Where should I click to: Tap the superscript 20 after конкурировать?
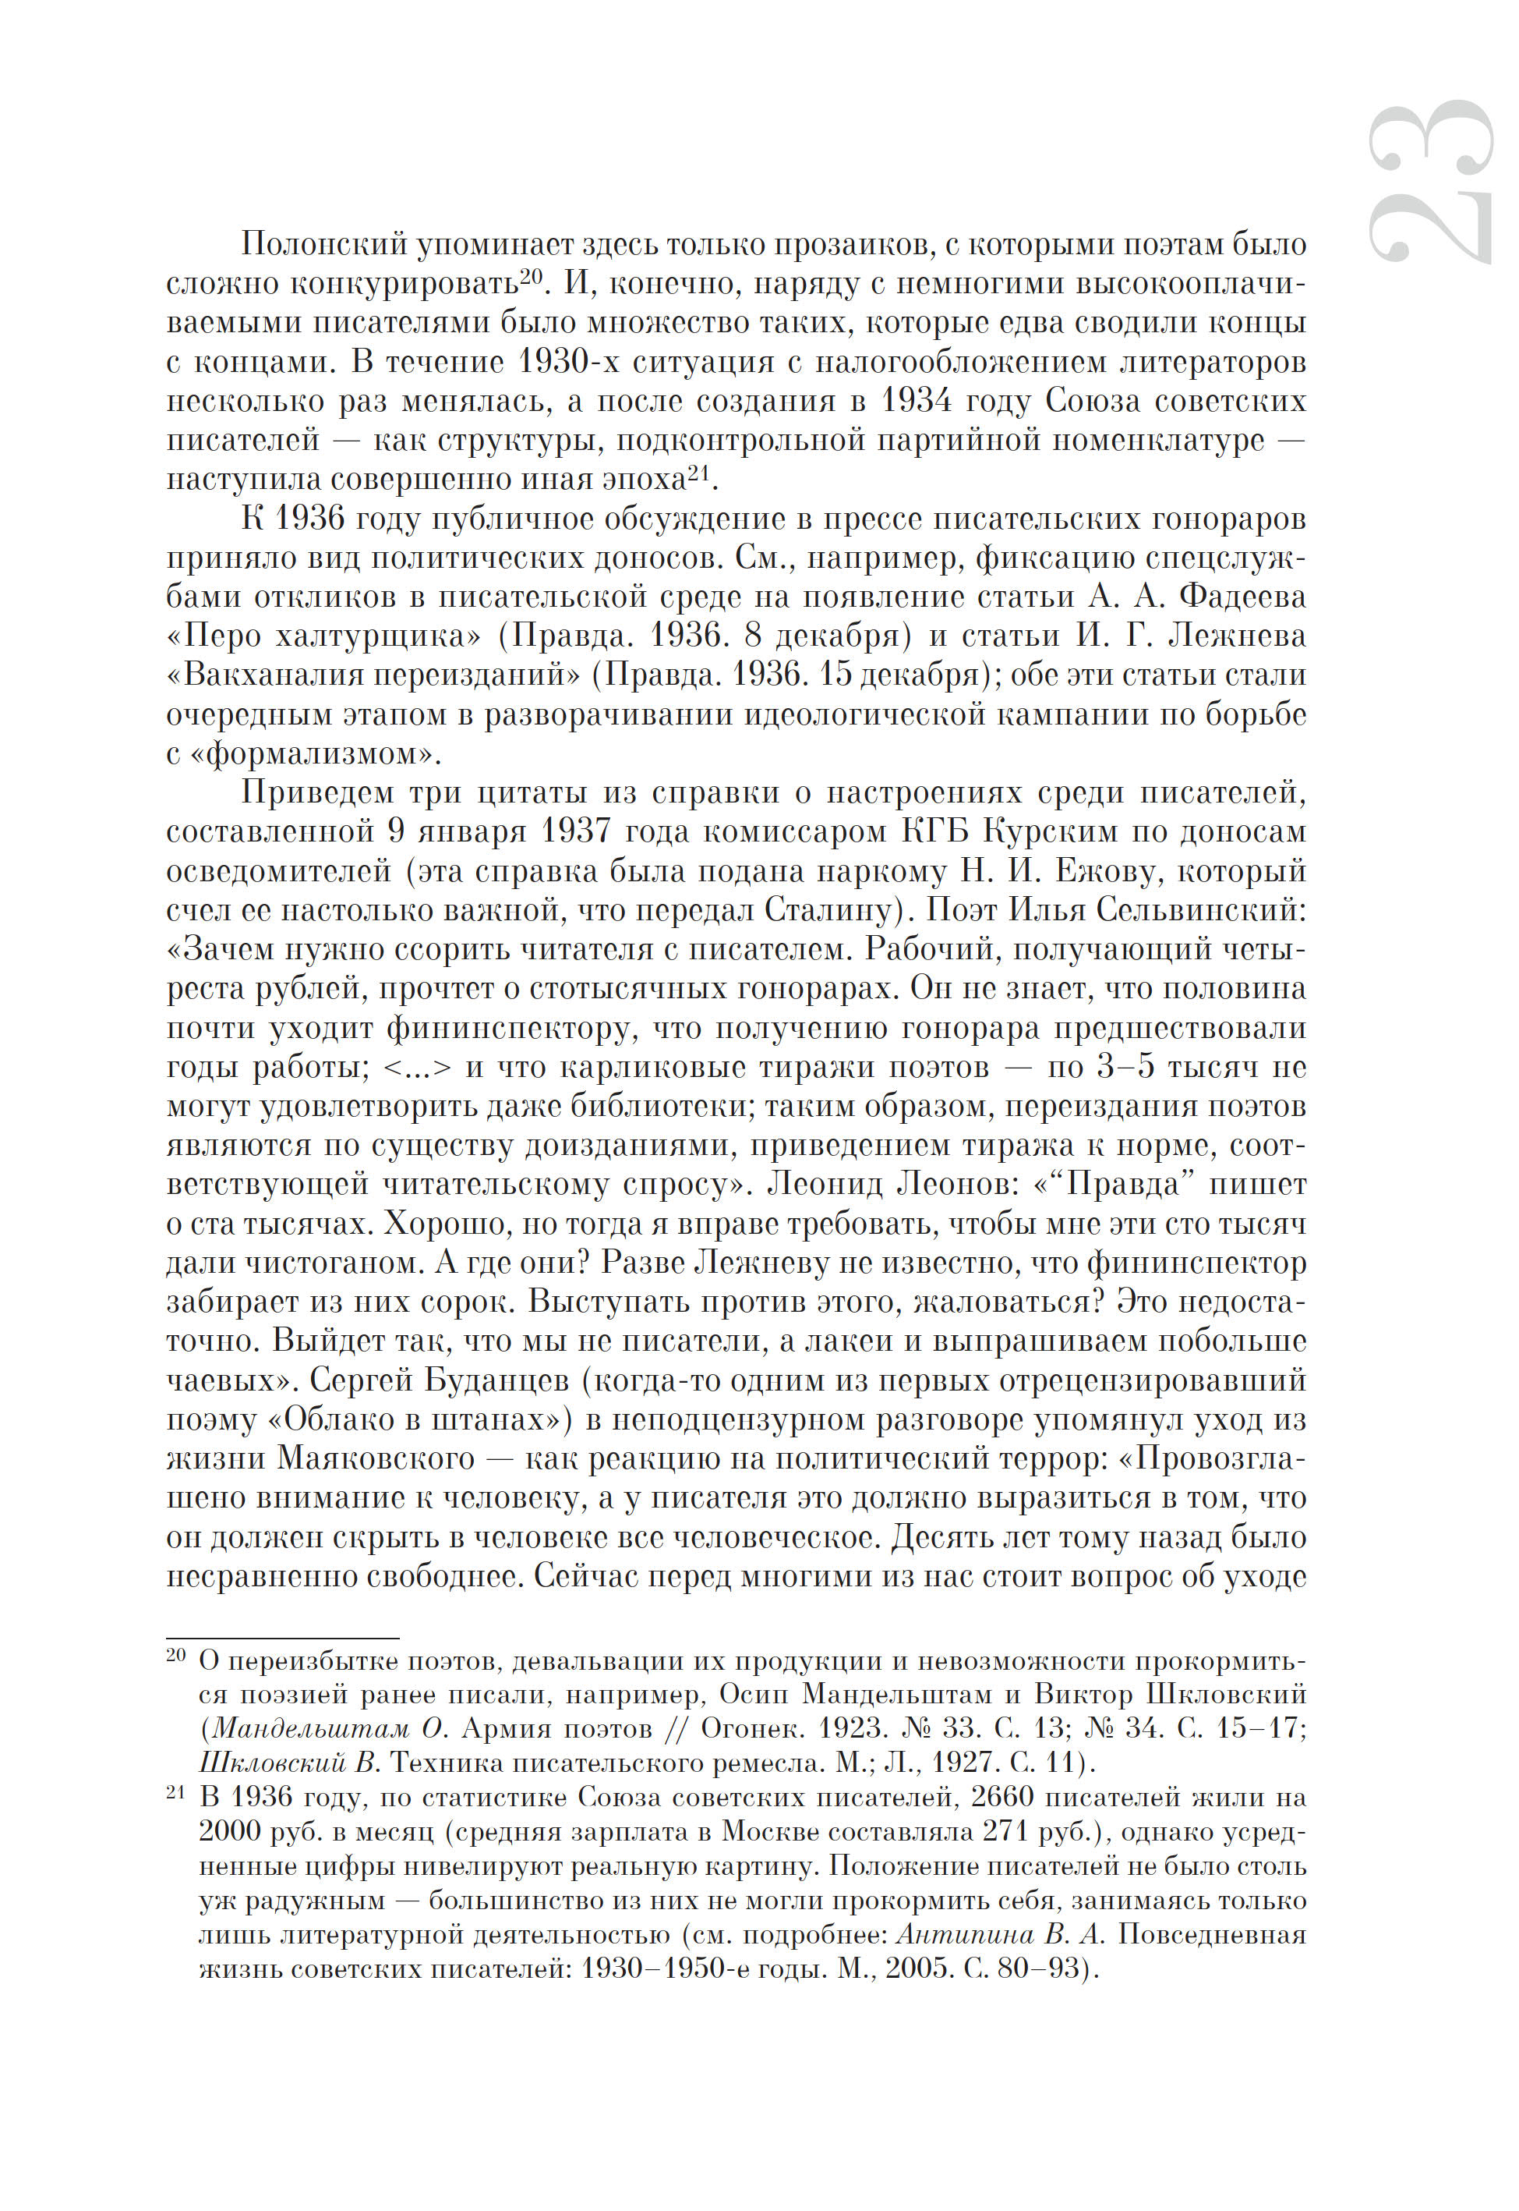[x=531, y=275]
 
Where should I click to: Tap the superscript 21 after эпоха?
[x=700, y=470]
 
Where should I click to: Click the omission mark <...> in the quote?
[x=417, y=1068]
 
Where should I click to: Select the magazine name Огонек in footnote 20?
[x=750, y=1728]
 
